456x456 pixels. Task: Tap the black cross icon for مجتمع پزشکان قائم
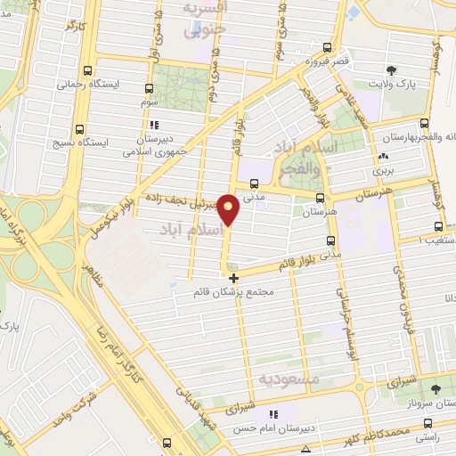pyautogui.click(x=234, y=279)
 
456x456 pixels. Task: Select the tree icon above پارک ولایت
pyautogui.click(x=390, y=69)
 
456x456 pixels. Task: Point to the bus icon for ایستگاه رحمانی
pyautogui.click(x=86, y=70)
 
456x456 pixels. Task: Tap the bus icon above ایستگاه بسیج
pyautogui.click(x=80, y=127)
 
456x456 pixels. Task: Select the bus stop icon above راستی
pyautogui.click(x=428, y=424)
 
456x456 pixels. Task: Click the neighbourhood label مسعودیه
pyautogui.click(x=289, y=379)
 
